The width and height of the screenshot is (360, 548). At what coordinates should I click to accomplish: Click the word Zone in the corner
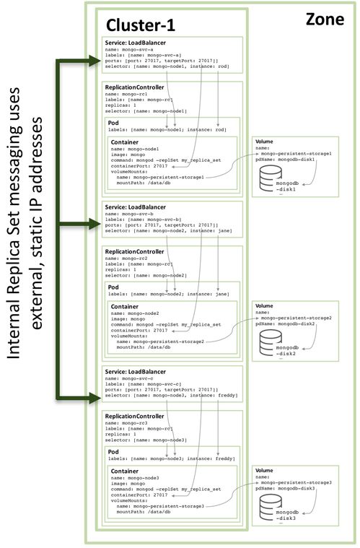coord(323,17)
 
